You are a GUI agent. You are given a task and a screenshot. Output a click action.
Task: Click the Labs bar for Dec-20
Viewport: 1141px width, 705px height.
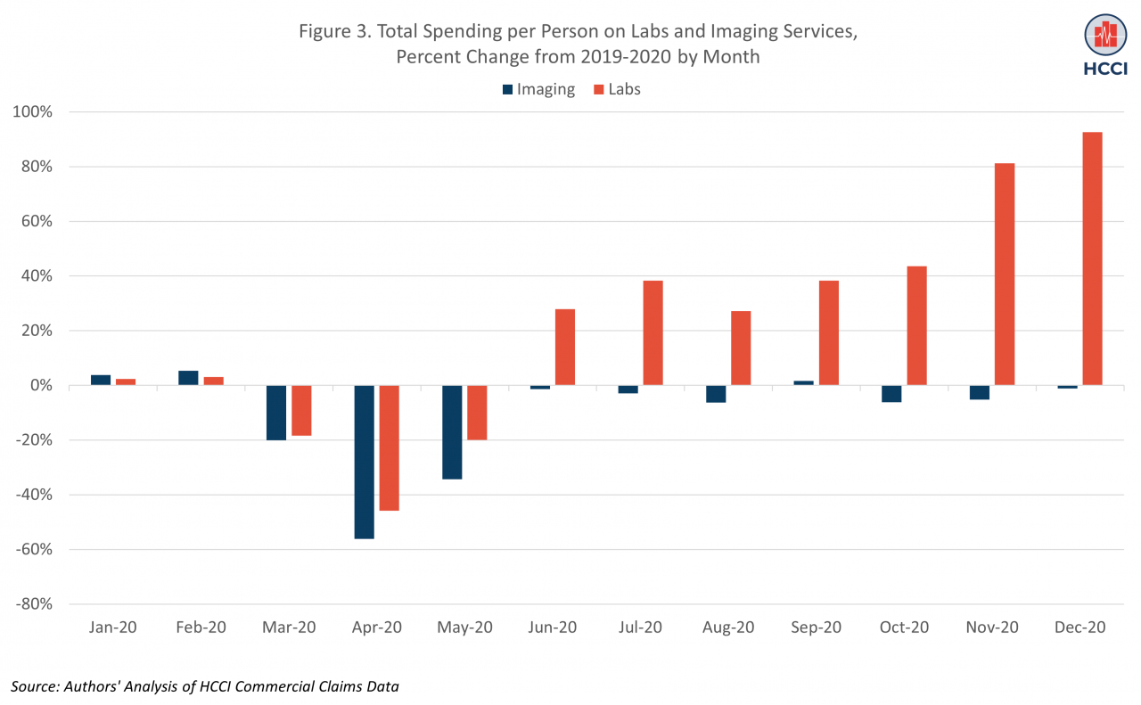pyautogui.click(x=1092, y=258)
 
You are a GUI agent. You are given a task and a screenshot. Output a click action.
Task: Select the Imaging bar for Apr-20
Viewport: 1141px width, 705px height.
pyautogui.click(x=364, y=462)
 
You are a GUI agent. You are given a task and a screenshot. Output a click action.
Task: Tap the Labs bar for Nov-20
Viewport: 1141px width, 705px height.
pyautogui.click(x=1005, y=274)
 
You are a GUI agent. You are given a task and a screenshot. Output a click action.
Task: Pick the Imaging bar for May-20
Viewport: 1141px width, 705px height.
pyautogui.click(x=452, y=432)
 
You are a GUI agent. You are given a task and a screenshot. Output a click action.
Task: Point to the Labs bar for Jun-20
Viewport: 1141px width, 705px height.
pyautogui.click(x=565, y=347)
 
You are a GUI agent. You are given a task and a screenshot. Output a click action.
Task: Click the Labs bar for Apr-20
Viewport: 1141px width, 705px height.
pyautogui.click(x=389, y=447)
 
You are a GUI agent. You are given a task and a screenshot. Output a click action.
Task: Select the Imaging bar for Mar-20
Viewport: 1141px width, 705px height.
pyautogui.click(x=276, y=413)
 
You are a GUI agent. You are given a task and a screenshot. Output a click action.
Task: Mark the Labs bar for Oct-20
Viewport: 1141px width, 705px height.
pyautogui.click(x=916, y=325)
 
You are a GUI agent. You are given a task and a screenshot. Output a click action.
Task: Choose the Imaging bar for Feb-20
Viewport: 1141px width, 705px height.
pyautogui.click(x=188, y=378)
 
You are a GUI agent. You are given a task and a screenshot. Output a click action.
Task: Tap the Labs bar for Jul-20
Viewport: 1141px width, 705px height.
pyautogui.click(x=653, y=332)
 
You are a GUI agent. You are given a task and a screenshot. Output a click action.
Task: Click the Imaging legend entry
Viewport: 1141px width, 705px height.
pyautogui.click(x=538, y=89)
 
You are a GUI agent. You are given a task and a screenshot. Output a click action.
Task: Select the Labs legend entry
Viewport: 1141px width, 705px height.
pyautogui.click(x=616, y=89)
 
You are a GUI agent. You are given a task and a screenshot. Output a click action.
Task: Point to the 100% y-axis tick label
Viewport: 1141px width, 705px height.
pyautogui.click(x=33, y=112)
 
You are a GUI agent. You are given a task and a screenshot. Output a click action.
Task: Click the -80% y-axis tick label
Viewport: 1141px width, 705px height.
pyautogui.click(x=33, y=604)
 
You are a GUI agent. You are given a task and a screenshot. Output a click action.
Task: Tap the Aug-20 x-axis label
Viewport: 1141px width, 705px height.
pyautogui.click(x=728, y=627)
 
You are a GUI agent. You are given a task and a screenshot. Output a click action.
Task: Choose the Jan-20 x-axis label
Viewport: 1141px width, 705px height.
pyautogui.click(x=113, y=627)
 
